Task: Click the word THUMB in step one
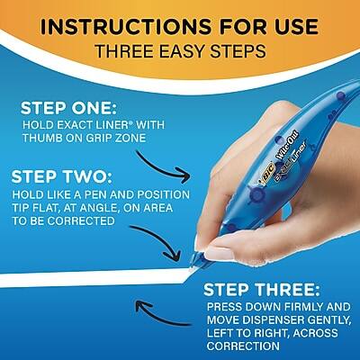tap(42, 139)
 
